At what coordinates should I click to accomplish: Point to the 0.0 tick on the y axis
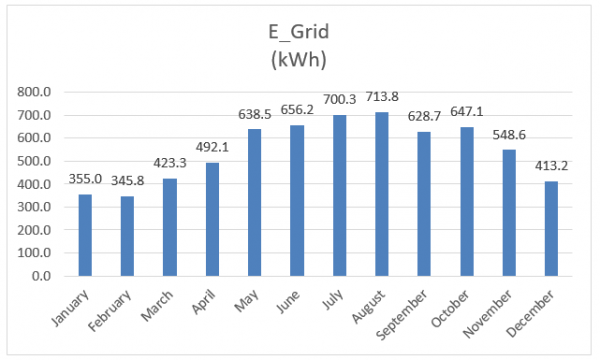54,277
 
